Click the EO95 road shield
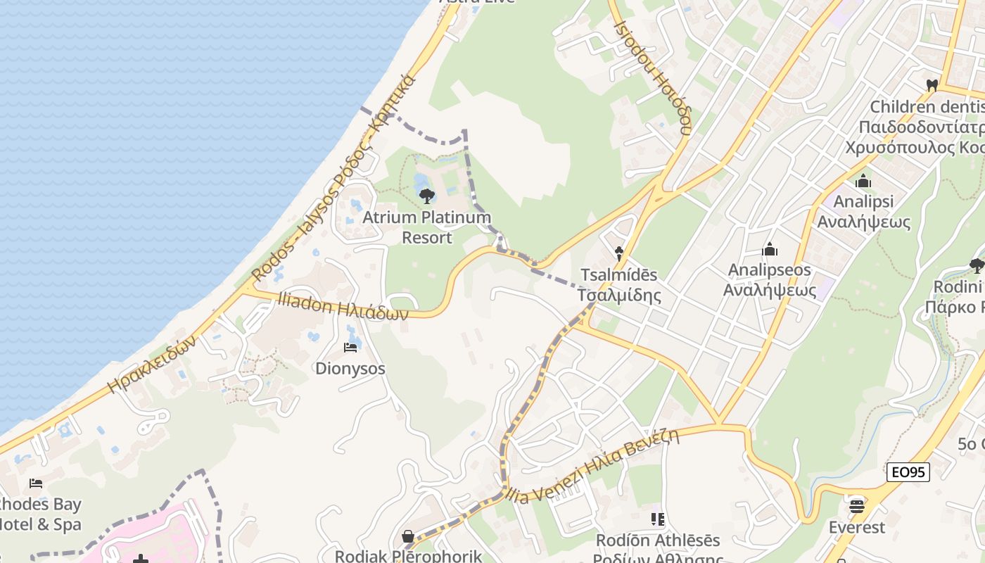coord(908,472)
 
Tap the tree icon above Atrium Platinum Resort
coord(426,196)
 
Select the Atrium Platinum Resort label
coord(426,227)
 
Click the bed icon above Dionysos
coord(350,347)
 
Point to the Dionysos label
coord(350,368)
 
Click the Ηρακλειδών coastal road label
coord(151,364)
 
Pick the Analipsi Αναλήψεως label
coord(863,212)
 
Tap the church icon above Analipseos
coord(770,250)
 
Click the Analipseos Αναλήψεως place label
coord(770,280)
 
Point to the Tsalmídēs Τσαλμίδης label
coord(619,284)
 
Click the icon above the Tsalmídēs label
coord(619,253)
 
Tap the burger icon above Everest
coord(856,505)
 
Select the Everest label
coord(856,527)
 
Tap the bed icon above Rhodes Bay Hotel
coord(36,483)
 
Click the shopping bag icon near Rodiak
coord(408,537)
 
